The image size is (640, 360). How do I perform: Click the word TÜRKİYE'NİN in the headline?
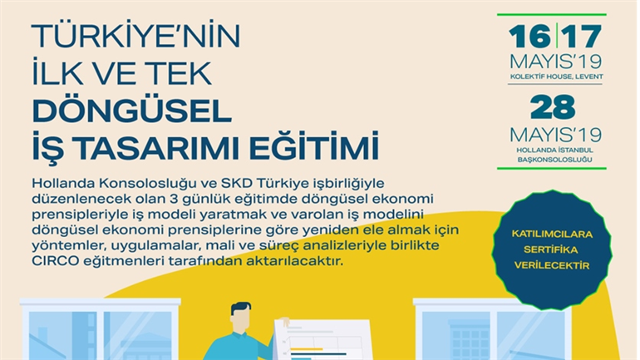(x=136, y=36)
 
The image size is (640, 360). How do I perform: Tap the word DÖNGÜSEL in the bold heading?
(x=132, y=111)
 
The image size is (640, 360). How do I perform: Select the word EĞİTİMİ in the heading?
(x=314, y=145)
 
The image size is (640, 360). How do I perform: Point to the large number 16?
(x=529, y=37)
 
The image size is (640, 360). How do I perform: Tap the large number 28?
(x=553, y=107)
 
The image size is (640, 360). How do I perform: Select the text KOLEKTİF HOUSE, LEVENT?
(x=556, y=76)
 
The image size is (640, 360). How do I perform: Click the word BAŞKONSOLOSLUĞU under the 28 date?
(x=554, y=160)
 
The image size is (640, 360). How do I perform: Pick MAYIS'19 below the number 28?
(x=555, y=135)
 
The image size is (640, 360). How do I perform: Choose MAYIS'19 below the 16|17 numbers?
(x=555, y=62)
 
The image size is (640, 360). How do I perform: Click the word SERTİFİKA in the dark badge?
(x=551, y=249)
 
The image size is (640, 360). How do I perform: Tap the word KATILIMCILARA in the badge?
(x=552, y=234)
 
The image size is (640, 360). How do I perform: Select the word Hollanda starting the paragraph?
(x=62, y=183)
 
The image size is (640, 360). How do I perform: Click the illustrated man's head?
(x=241, y=315)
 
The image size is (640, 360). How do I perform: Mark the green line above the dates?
(x=552, y=15)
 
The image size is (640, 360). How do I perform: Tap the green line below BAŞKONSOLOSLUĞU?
(x=552, y=168)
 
